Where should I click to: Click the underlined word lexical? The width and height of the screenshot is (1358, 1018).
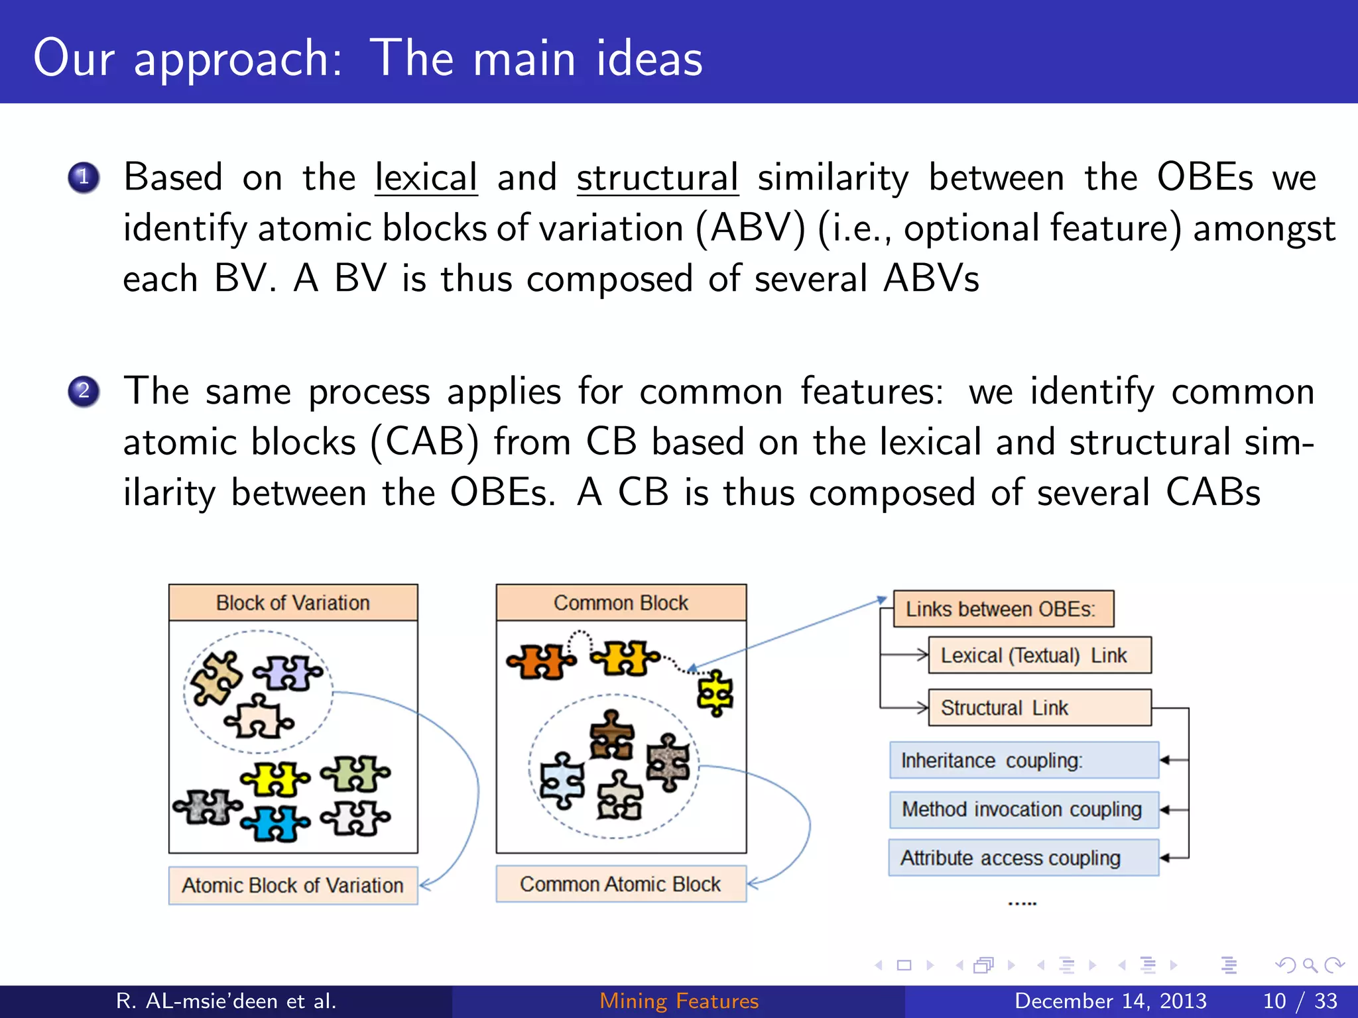tap(426, 178)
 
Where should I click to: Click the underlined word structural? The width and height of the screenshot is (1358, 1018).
tap(657, 178)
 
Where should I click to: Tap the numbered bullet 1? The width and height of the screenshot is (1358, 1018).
tap(84, 177)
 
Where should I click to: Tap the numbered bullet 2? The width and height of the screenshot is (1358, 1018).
tap(84, 391)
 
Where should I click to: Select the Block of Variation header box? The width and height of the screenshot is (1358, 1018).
tap(293, 602)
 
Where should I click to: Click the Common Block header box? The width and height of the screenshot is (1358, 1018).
tap(621, 602)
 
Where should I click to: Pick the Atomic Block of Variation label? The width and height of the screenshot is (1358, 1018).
tap(293, 885)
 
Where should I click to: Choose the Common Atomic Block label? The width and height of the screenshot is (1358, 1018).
tap(621, 884)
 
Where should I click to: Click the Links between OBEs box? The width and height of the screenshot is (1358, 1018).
tap(1003, 609)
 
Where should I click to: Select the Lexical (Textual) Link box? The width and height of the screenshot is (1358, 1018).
tap(1039, 655)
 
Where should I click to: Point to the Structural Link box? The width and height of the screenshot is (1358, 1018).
tap(1039, 708)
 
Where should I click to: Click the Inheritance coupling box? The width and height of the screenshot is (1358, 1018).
tap(1023, 760)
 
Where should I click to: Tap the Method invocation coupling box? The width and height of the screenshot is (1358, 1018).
tap(1023, 809)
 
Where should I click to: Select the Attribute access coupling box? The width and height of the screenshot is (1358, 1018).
tap(1023, 858)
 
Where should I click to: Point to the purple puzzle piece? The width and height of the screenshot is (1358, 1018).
tap(288, 673)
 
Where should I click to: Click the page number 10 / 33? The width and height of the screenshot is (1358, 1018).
tap(1300, 1001)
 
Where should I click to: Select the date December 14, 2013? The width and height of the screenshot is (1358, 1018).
tap(1110, 1001)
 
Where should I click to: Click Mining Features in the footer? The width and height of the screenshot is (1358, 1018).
tap(679, 1001)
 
